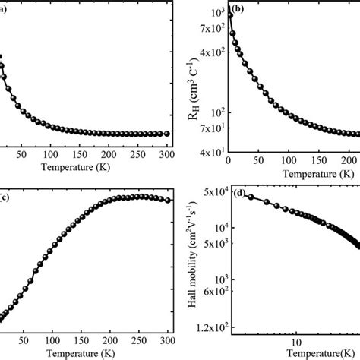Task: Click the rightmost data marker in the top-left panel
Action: click(x=167, y=134)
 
